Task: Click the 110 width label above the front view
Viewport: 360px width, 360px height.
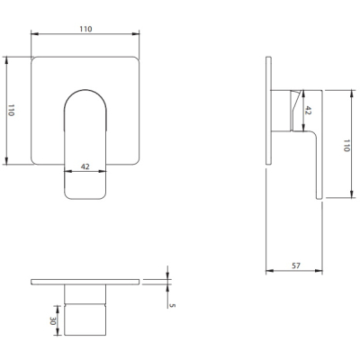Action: click(x=85, y=29)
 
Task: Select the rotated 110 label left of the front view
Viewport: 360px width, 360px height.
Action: click(x=11, y=111)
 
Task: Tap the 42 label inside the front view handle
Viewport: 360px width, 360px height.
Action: click(x=85, y=166)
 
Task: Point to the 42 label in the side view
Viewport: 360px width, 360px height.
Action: click(x=308, y=111)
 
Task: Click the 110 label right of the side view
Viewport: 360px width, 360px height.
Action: click(x=346, y=145)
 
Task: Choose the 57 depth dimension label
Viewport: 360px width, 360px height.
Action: click(x=296, y=265)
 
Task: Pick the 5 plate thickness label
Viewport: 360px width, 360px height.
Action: click(x=172, y=305)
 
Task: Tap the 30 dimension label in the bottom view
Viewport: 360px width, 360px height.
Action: click(x=53, y=320)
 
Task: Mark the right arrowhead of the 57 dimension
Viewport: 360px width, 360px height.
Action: click(x=319, y=271)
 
